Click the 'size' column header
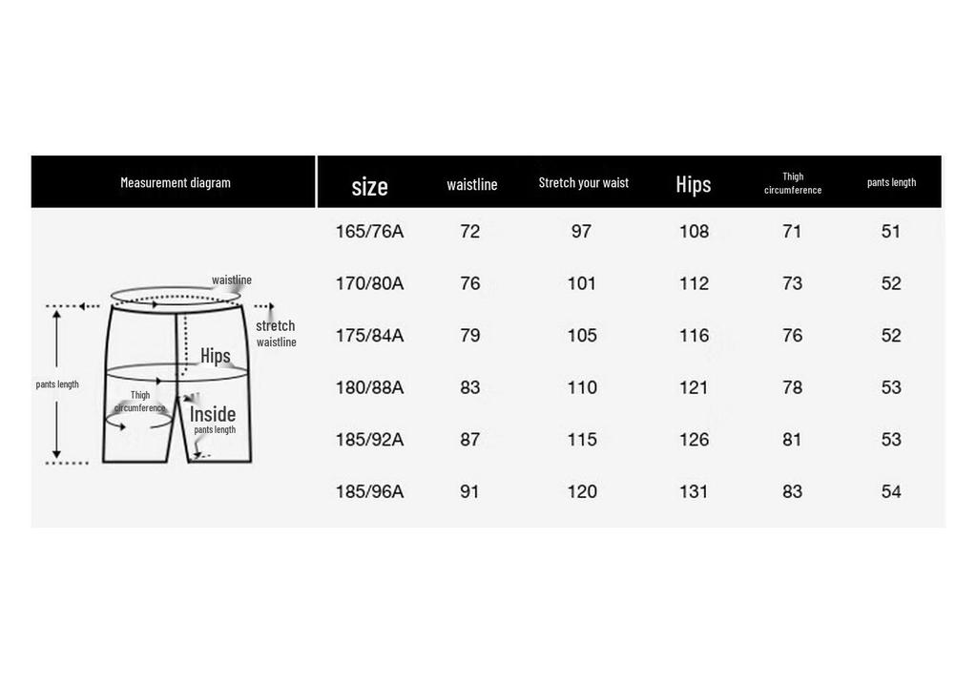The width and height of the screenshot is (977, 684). (x=369, y=186)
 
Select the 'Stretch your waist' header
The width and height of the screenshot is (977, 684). (x=583, y=182)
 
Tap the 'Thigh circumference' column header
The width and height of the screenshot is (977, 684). (x=793, y=183)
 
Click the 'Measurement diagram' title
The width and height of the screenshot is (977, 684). (x=176, y=182)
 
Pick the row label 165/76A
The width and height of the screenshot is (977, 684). (x=369, y=232)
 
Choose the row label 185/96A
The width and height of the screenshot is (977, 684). (x=369, y=491)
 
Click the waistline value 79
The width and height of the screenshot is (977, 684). (x=469, y=336)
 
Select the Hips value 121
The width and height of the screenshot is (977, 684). (x=694, y=387)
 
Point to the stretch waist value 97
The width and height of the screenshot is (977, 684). (x=581, y=232)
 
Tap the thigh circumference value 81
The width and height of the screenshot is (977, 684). (x=792, y=440)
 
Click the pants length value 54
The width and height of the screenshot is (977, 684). (x=891, y=491)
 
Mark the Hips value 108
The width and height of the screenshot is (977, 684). (x=694, y=232)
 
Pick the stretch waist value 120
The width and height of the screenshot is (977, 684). (x=582, y=491)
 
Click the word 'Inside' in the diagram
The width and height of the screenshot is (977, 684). (x=213, y=414)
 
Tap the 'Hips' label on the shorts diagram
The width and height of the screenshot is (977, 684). (x=216, y=356)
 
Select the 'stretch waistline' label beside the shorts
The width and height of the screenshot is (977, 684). (x=276, y=333)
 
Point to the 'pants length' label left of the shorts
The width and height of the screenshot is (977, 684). (x=57, y=384)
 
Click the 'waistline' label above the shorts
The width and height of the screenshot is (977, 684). (x=232, y=280)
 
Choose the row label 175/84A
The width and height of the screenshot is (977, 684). (x=369, y=336)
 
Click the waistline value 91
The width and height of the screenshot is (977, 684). (x=469, y=491)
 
